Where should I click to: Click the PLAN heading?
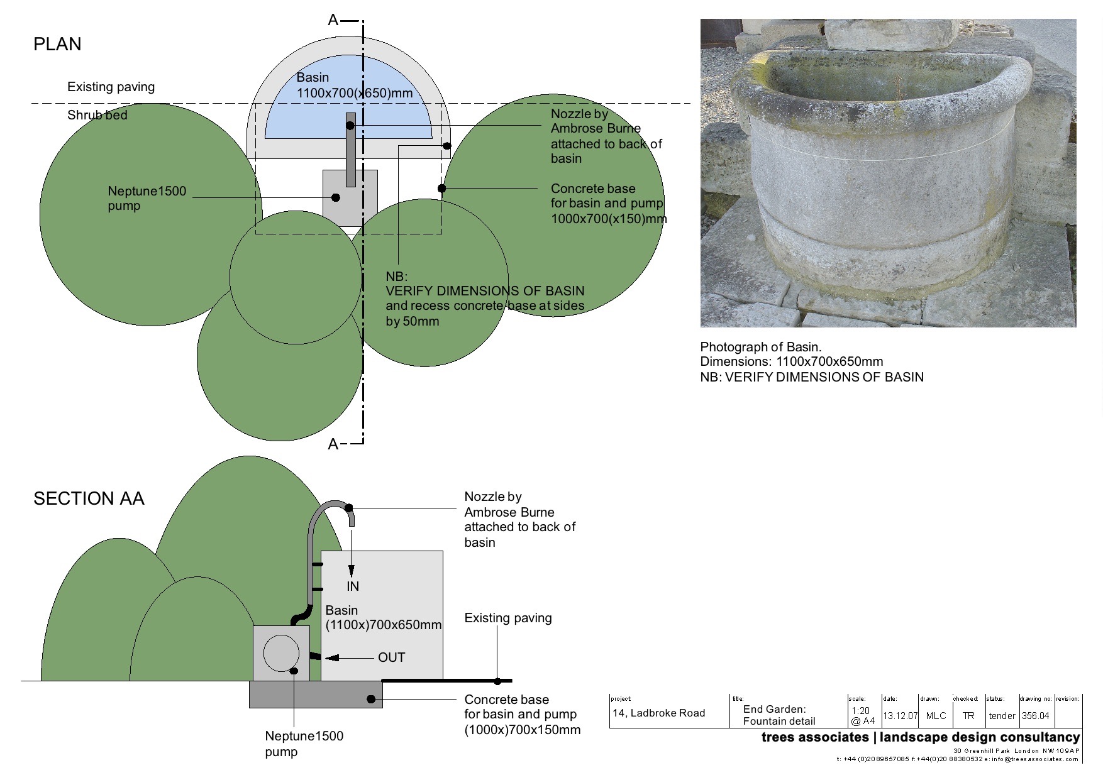tap(57, 44)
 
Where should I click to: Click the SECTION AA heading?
tap(89, 498)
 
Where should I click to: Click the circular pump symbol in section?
tap(281, 652)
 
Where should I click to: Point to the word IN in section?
tap(353, 586)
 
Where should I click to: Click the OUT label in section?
tap(391, 657)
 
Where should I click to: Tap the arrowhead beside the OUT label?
tap(332, 657)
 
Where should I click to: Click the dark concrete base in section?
tap(314, 695)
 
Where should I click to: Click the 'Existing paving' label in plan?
tap(111, 87)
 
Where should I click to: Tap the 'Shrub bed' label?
tap(97, 115)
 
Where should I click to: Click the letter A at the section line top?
tap(333, 20)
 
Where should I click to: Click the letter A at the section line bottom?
tap(333, 444)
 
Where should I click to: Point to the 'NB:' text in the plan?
tap(396, 277)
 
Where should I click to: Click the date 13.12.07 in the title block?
tap(900, 716)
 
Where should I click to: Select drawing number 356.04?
tap(1035, 716)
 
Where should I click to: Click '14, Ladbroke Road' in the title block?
tap(658, 713)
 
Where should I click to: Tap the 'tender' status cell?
tap(1002, 716)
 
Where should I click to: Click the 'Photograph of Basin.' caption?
tap(761, 347)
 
